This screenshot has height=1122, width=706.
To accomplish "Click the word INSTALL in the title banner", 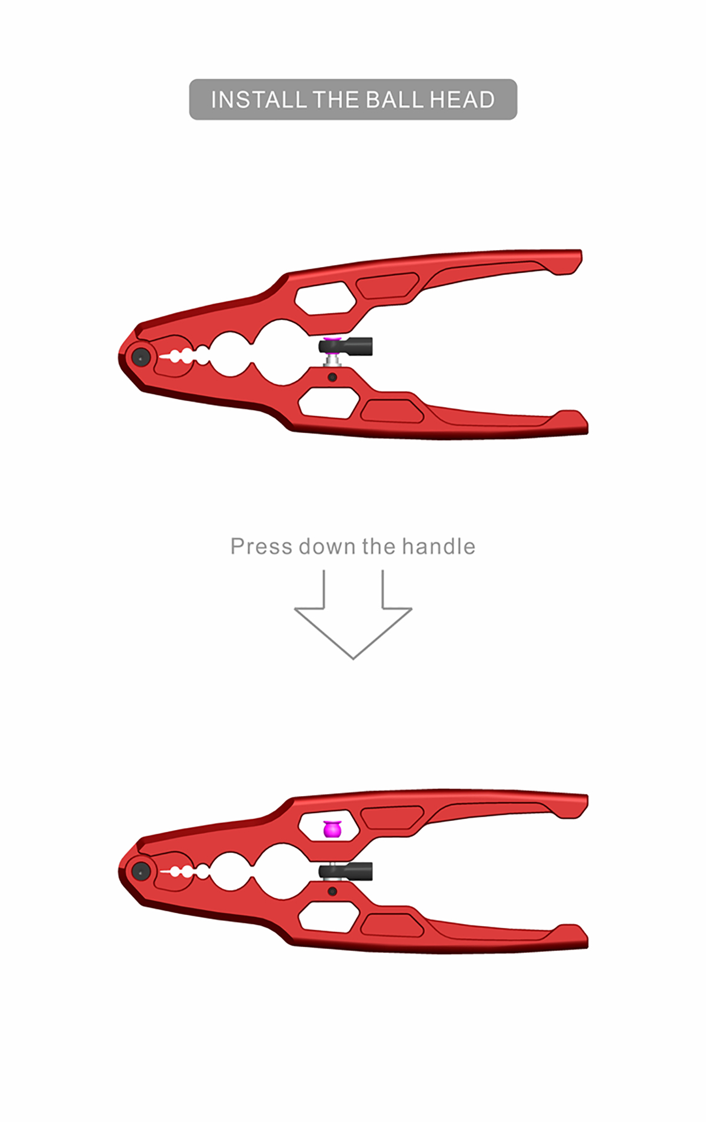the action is tap(259, 100).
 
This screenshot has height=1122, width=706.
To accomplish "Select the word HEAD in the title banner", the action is tap(462, 100).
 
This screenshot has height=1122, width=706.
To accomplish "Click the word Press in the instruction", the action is tap(261, 547).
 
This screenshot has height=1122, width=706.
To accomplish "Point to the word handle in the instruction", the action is tap(439, 547).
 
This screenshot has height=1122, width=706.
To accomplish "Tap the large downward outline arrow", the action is tap(353, 614).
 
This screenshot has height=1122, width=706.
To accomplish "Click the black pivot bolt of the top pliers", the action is tap(141, 357).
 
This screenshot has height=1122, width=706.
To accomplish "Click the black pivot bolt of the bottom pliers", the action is tap(140, 871).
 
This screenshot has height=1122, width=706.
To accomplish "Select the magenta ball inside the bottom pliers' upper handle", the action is tap(332, 829).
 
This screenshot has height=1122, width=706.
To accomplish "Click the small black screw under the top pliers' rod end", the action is tap(332, 377).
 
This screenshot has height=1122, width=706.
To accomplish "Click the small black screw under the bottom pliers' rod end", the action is tap(332, 891).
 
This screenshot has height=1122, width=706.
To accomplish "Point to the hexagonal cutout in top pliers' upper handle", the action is tap(325, 298).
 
